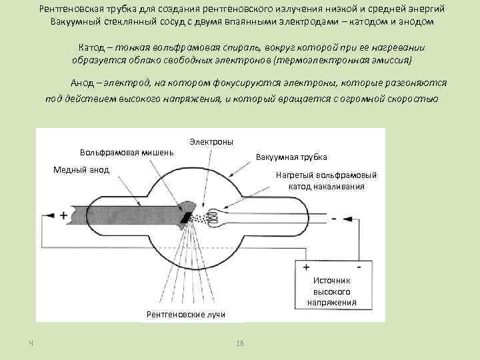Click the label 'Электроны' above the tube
point(211,142)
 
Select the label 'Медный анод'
point(81,169)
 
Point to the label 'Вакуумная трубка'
point(291,157)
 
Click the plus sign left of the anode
point(64,215)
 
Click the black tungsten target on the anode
point(187,216)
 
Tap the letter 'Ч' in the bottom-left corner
point(31,343)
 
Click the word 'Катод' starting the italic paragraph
point(91,49)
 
